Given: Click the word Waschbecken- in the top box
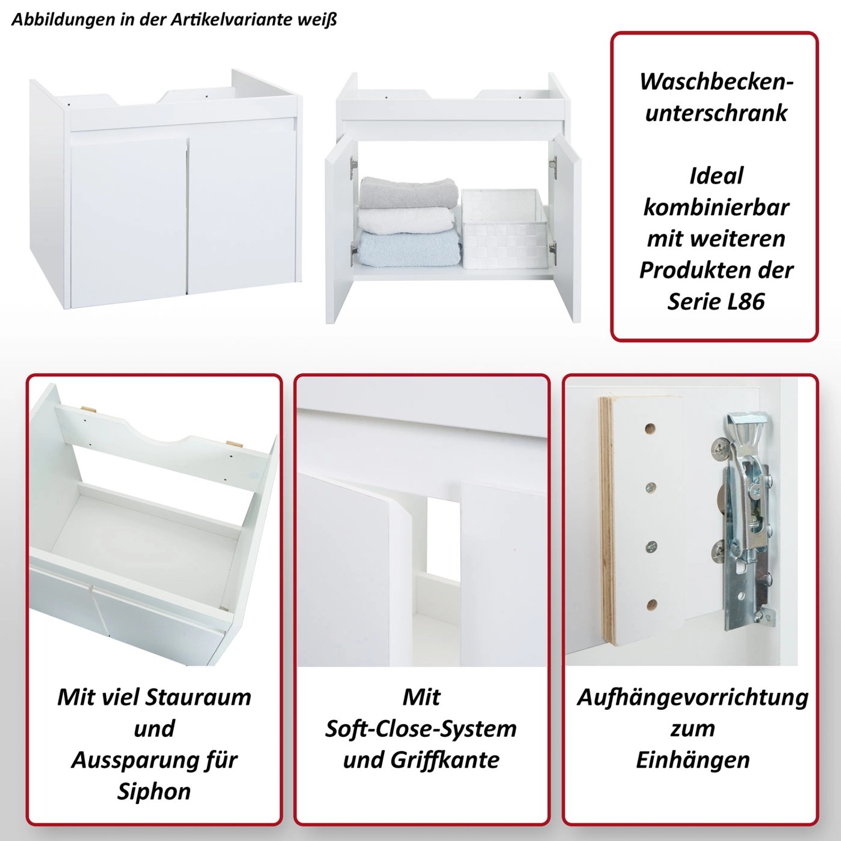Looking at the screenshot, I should [716, 82].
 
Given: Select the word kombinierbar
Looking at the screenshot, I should [716, 207].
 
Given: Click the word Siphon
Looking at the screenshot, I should [154, 791].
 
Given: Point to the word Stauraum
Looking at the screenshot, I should [198, 697].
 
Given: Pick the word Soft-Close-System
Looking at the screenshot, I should [421, 729].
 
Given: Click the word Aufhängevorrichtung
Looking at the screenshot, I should [693, 697].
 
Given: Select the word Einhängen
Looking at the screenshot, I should [693, 760].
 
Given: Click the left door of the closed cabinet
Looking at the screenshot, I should [129, 221].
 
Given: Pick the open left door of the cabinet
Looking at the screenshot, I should [339, 230].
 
